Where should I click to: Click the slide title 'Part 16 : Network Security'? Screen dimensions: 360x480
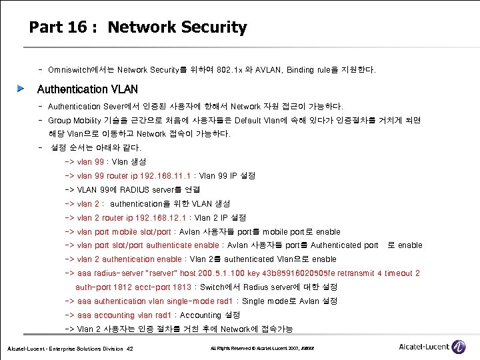coord(138,27)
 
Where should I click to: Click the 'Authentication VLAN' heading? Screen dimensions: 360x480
coord(87,89)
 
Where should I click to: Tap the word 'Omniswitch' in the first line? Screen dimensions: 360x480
coord(72,69)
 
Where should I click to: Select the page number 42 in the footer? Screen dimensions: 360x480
coord(130,349)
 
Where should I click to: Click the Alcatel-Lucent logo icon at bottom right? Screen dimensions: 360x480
coord(459,347)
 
